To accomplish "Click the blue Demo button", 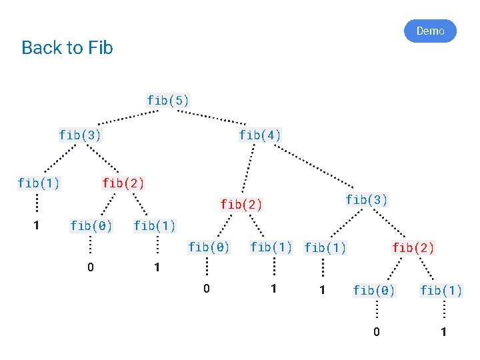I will tap(430, 31).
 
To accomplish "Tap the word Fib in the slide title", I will tap(100, 48).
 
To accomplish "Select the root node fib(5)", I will tap(168, 101).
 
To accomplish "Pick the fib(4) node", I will tap(260, 135).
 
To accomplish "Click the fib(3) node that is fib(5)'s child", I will tap(80, 135).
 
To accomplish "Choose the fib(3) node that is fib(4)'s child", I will tap(367, 199).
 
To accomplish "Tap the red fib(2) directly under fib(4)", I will tap(241, 204).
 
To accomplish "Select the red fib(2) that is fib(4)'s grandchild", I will tap(413, 248).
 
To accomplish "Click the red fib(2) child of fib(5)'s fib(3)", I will tap(123, 182).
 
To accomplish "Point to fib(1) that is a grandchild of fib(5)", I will tap(39, 182).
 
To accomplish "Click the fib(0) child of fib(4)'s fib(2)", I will tap(209, 247).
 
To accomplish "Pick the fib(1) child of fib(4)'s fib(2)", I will tap(271, 247).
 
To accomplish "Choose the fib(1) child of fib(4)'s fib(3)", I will tap(325, 248).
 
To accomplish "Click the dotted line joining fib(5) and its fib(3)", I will tap(127, 117).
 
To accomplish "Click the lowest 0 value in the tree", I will tap(377, 332).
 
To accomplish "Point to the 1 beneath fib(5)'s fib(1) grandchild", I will tap(37, 225).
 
